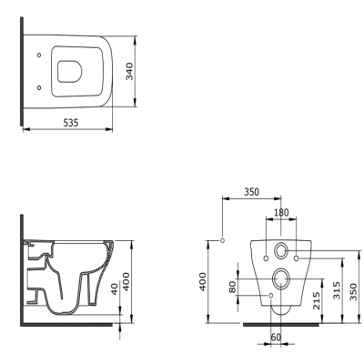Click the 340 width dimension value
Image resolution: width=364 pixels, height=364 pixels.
pyautogui.click(x=129, y=71)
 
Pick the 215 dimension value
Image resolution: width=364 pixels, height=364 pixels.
pyautogui.click(x=316, y=300)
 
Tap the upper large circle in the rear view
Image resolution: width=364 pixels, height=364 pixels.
pyautogui.click(x=281, y=250)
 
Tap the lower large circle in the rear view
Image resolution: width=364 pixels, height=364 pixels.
pyautogui.click(x=281, y=278)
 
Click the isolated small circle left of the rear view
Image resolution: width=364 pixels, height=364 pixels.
pyautogui.click(x=222, y=240)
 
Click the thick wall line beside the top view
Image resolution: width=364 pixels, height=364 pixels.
pyautogui.click(x=21, y=73)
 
